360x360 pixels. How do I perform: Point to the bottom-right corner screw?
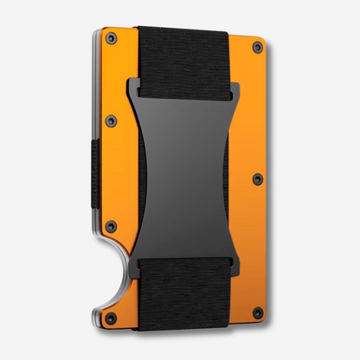(257, 312)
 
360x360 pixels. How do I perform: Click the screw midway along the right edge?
(257, 179)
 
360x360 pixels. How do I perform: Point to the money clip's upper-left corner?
(139, 79)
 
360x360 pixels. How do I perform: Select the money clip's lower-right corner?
(229, 257)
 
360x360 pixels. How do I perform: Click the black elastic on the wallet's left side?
(93, 177)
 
